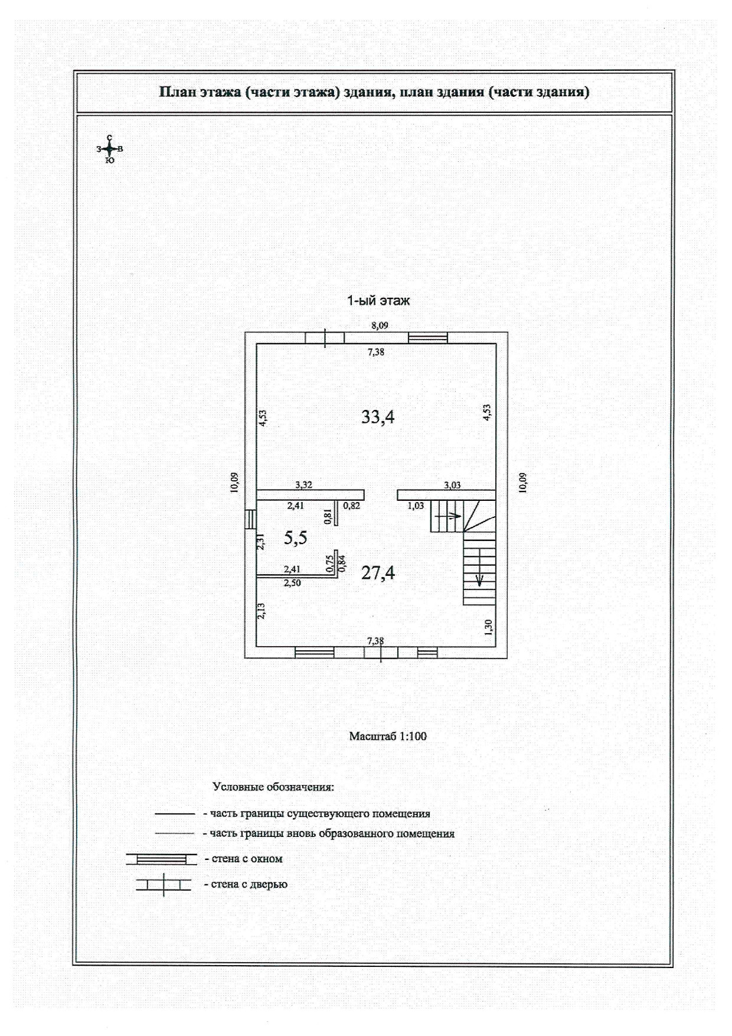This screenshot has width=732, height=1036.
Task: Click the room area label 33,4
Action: [378, 417]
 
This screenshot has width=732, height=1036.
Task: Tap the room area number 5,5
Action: [295, 537]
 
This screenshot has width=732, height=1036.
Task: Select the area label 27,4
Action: [378, 572]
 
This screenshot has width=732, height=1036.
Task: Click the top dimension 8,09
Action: [380, 325]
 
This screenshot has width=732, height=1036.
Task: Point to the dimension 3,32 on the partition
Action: [303, 485]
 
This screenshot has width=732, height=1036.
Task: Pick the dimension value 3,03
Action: [452, 485]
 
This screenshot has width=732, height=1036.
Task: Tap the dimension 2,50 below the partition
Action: [292, 583]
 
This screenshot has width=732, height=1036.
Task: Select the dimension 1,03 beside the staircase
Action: [416, 506]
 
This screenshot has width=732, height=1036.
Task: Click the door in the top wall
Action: [325, 338]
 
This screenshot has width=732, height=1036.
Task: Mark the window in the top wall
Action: [428, 338]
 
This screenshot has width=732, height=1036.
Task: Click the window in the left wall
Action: [251, 519]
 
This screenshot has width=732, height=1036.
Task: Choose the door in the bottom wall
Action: [381, 653]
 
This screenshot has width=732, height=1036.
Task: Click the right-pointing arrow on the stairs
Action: [452, 516]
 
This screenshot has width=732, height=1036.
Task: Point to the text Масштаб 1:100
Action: [388, 737]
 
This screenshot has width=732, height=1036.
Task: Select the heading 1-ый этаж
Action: [378, 301]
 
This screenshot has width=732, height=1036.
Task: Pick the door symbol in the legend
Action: [164, 885]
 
